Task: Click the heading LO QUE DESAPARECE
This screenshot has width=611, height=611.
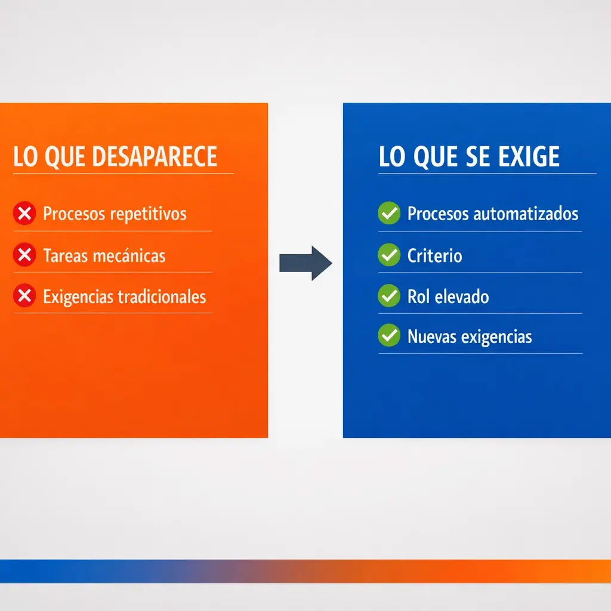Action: pyautogui.click(x=115, y=157)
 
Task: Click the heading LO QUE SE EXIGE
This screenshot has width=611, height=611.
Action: pyautogui.click(x=469, y=157)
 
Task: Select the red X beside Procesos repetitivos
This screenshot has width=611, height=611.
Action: pyautogui.click(x=24, y=213)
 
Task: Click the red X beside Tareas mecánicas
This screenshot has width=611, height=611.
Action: pyautogui.click(x=24, y=255)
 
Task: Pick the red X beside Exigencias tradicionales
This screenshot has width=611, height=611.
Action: pyautogui.click(x=24, y=296)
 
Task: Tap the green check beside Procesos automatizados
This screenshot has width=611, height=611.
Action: pyautogui.click(x=389, y=213)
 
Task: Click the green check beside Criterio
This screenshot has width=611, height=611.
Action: pyautogui.click(x=389, y=255)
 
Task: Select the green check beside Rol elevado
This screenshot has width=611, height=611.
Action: pyautogui.click(x=389, y=296)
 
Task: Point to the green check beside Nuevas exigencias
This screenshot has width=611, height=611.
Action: pyautogui.click(x=389, y=337)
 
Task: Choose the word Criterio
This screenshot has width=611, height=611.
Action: pyautogui.click(x=434, y=256)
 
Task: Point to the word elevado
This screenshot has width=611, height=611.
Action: pyautogui.click(x=461, y=297)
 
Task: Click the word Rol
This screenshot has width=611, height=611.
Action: pyautogui.click(x=418, y=297)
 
